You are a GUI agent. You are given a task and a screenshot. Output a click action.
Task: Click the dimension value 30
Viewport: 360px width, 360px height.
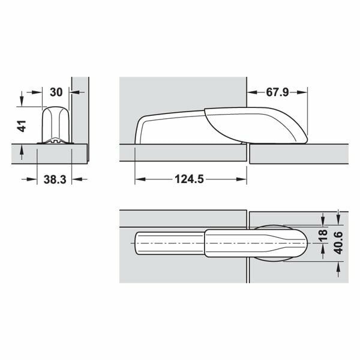(x=56, y=92)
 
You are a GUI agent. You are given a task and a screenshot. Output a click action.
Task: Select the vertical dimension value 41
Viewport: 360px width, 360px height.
(x=22, y=126)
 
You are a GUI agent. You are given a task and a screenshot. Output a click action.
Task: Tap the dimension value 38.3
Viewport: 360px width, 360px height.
(x=55, y=179)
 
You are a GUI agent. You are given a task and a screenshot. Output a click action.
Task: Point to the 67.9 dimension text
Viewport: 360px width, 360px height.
(x=277, y=92)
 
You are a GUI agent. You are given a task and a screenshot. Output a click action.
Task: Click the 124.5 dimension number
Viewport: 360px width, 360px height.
(x=189, y=179)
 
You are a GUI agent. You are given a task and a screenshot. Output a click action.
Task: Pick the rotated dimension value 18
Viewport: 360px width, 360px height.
(x=323, y=235)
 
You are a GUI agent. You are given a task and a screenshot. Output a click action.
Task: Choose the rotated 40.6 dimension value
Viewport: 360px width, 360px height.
(x=338, y=243)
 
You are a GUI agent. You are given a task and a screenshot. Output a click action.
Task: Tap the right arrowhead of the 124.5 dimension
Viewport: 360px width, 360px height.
(x=241, y=179)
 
